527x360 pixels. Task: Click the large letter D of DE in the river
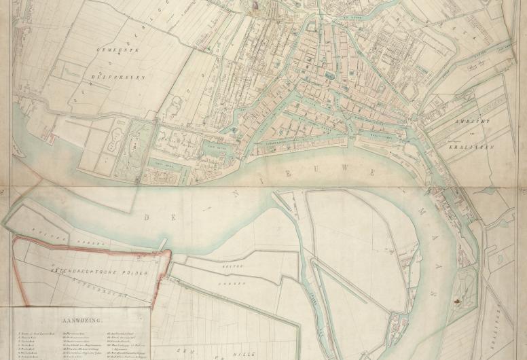(147, 217)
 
